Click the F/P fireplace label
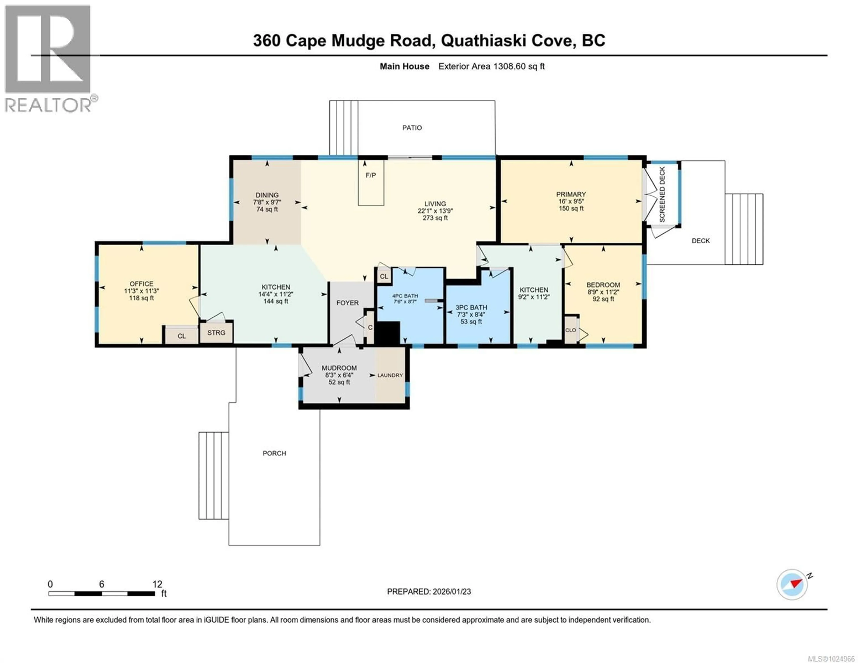(x=370, y=175)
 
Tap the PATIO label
(x=412, y=128)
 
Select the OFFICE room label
(x=141, y=284)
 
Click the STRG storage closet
(x=216, y=333)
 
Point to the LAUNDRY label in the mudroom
(x=390, y=375)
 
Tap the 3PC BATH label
(x=471, y=307)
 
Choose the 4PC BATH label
(x=405, y=296)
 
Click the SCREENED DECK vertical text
(x=662, y=195)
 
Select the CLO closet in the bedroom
(x=570, y=330)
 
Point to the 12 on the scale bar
(x=157, y=584)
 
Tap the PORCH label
(x=274, y=453)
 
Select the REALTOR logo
(x=48, y=59)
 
